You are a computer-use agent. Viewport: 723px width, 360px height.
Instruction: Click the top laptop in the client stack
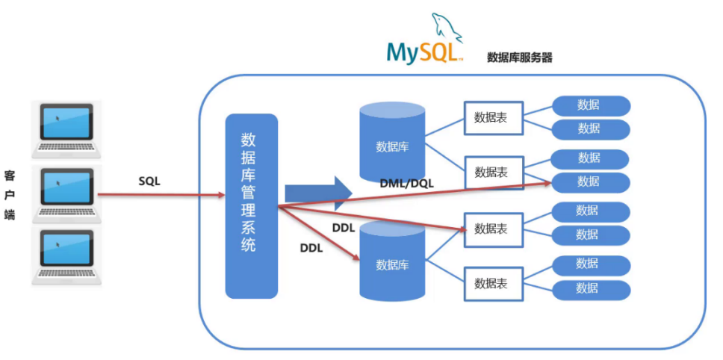pyautogui.click(x=66, y=129)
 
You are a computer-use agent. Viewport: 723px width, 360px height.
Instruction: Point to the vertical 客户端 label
pyautogui.click(x=10, y=193)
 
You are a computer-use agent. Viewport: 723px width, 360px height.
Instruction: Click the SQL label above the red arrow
pyautogui.click(x=149, y=181)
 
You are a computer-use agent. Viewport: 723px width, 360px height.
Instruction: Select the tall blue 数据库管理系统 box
pyautogui.click(x=252, y=206)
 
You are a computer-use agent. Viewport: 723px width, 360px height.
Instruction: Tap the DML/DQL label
pyautogui.click(x=406, y=184)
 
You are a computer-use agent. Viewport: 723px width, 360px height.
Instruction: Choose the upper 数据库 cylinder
pyautogui.click(x=392, y=143)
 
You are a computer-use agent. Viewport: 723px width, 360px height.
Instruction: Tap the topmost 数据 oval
pyautogui.click(x=591, y=105)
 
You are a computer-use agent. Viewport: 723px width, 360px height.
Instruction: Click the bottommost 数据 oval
pyautogui.click(x=591, y=288)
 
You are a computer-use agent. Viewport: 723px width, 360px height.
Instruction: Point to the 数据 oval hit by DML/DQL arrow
pyautogui.click(x=591, y=181)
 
